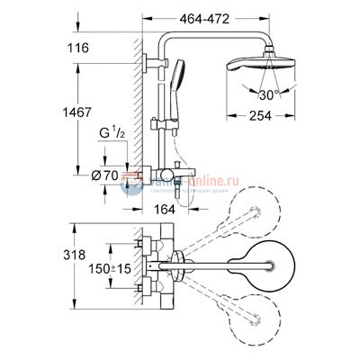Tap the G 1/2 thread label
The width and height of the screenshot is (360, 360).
tap(112, 136)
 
